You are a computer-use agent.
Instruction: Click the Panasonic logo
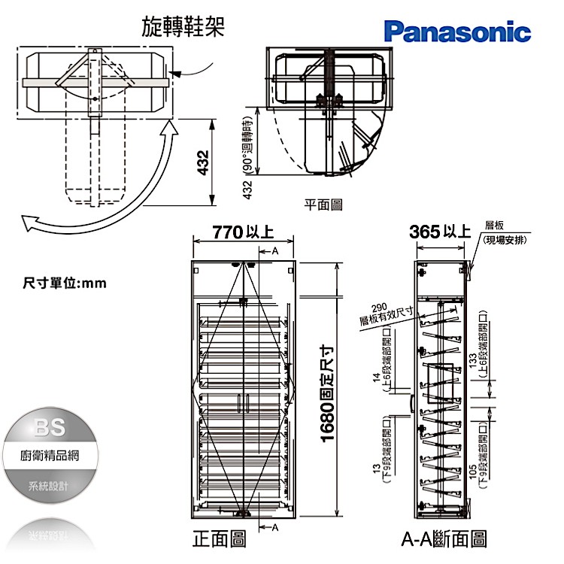(458, 31)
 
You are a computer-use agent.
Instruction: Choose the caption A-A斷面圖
(444, 538)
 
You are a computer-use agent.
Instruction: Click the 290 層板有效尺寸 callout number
(379, 307)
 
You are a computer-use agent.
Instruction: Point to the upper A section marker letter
(274, 250)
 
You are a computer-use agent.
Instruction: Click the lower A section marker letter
(274, 526)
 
